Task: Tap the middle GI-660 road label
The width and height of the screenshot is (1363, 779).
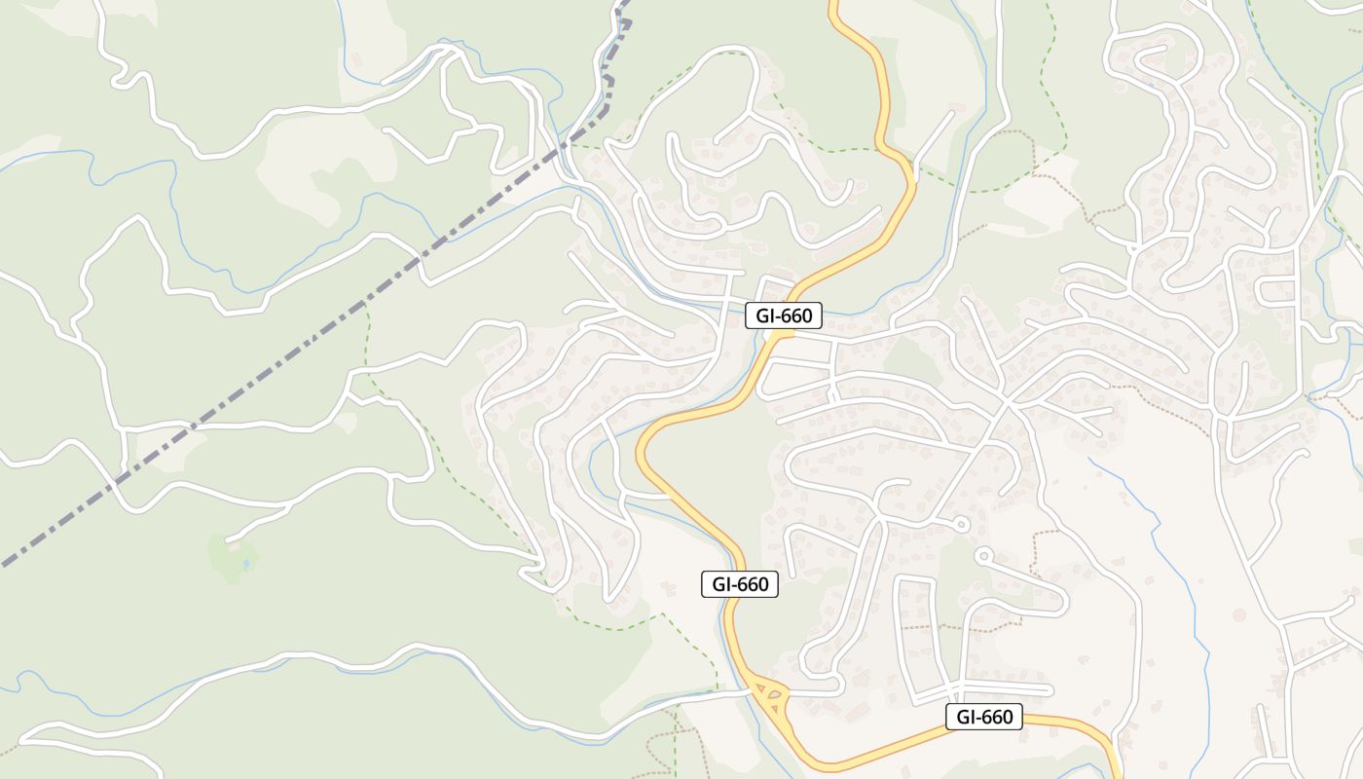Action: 740,584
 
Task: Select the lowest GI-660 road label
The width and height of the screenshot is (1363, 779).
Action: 984,718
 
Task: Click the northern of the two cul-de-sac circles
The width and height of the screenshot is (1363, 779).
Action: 963,525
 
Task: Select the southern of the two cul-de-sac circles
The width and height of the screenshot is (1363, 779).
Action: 983,557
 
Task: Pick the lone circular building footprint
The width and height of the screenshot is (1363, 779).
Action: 1238,615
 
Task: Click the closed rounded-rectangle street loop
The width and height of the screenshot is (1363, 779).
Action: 1275,290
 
